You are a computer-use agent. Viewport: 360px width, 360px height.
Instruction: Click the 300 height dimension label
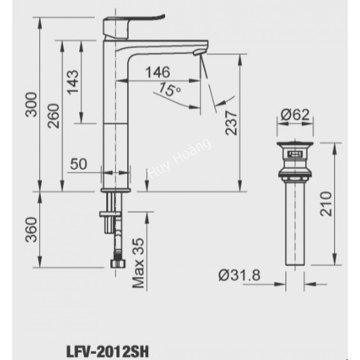[32, 104]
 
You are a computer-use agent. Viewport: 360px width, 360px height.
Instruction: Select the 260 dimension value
[53, 116]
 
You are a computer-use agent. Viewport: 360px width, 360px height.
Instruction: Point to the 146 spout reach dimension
[157, 72]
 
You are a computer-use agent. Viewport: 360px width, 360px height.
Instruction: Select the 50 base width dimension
[78, 164]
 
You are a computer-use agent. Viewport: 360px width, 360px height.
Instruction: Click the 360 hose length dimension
[32, 230]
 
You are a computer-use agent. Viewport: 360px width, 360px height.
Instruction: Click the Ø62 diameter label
[295, 115]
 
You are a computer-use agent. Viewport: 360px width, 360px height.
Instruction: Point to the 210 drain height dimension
[325, 203]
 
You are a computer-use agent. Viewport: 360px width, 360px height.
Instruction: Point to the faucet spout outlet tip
[197, 53]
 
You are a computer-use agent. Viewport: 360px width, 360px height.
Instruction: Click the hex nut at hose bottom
[117, 263]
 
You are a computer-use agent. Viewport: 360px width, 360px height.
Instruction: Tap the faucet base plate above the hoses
[116, 189]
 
